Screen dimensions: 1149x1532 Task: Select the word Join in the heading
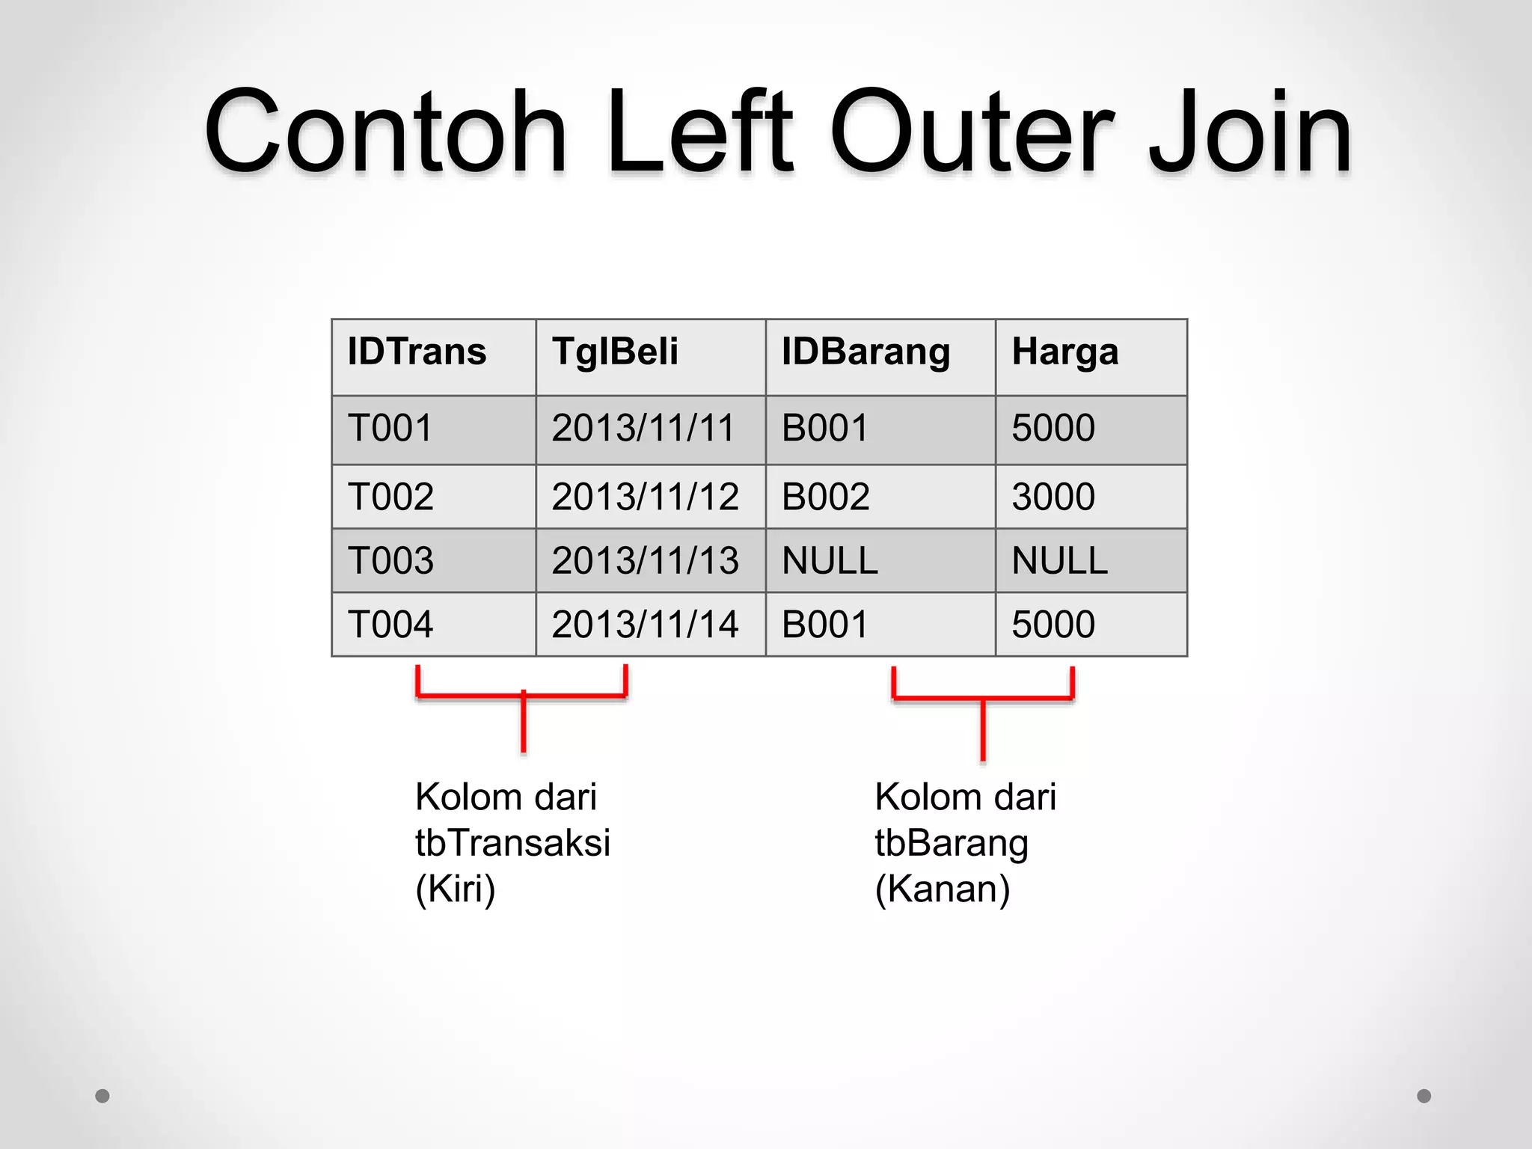(x=1249, y=135)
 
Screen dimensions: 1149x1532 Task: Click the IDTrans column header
(x=417, y=352)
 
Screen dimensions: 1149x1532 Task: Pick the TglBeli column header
(x=615, y=352)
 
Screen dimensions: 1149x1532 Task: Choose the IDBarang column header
(x=865, y=352)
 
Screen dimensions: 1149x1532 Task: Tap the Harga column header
(x=1064, y=352)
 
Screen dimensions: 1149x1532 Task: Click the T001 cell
(x=390, y=429)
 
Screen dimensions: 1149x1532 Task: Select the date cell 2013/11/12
(x=645, y=497)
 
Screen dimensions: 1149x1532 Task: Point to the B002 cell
(x=826, y=497)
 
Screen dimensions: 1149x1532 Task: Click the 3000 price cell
(x=1053, y=497)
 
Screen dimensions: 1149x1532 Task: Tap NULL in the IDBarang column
(x=830, y=561)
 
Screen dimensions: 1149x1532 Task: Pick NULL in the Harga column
(x=1059, y=561)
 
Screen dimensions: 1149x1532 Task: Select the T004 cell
(x=390, y=625)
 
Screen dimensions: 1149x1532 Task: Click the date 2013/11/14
(x=645, y=625)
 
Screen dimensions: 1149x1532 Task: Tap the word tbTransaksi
(x=512, y=843)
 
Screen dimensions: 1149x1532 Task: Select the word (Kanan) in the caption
(x=943, y=889)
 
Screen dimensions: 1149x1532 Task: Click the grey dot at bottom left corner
(x=102, y=1096)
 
